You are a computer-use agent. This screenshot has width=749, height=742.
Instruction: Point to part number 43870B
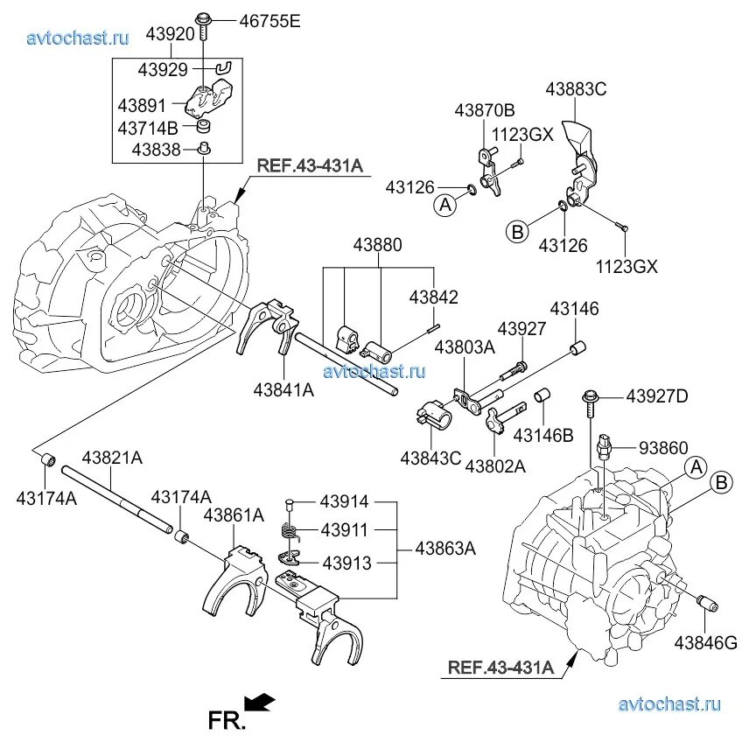pos(484,111)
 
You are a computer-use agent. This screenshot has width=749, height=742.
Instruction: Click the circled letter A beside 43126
pos(445,205)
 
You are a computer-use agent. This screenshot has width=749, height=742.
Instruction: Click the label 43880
pos(378,245)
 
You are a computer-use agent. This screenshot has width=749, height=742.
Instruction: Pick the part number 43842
pos(433,297)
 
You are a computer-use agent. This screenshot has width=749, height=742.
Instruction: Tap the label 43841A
pos(283,389)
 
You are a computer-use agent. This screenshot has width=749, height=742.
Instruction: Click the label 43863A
pos(444,549)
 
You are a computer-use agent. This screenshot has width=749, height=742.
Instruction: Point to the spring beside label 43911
pos(290,531)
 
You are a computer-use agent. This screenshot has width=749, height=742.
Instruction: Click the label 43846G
pos(705,643)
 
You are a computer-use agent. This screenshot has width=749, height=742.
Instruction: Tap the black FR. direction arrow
pos(260,700)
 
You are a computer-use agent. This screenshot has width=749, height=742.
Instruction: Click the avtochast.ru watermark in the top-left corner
pos(78,38)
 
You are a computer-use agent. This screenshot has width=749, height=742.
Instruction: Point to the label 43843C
pos(431,458)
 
